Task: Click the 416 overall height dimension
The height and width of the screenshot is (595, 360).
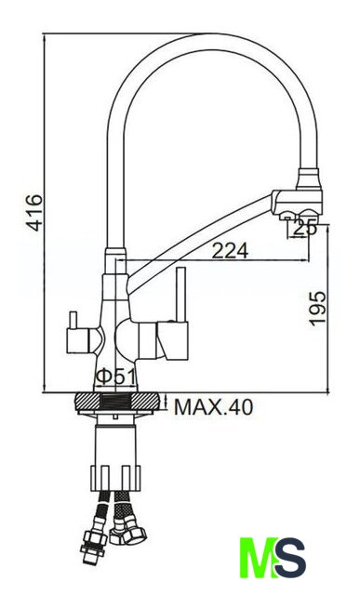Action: click(x=36, y=213)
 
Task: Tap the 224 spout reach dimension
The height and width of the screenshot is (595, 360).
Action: click(x=230, y=250)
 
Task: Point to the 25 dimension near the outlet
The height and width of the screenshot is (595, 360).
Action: click(x=305, y=228)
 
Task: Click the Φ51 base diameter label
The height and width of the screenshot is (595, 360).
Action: click(x=115, y=377)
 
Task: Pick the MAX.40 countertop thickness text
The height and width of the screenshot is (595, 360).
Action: click(x=213, y=407)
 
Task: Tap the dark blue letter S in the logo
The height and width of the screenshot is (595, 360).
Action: click(x=290, y=558)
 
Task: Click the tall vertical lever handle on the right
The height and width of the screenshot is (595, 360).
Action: click(x=181, y=295)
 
